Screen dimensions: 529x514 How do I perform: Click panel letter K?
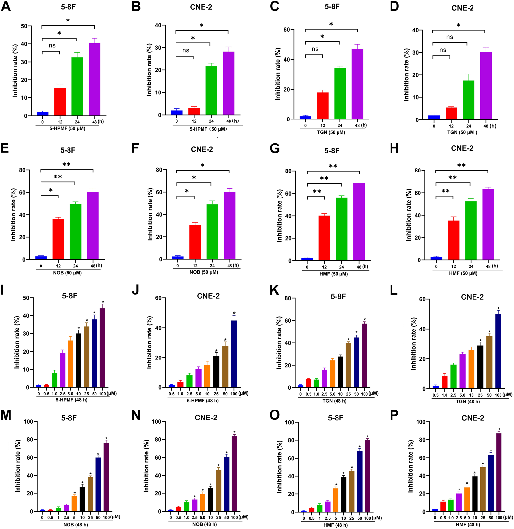click(274, 290)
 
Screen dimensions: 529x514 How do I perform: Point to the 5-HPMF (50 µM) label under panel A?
click(67, 129)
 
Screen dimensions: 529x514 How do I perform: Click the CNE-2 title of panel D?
click(463, 8)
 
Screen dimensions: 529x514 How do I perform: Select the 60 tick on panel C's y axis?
click(286, 30)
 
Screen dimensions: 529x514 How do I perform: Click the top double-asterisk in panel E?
click(67, 165)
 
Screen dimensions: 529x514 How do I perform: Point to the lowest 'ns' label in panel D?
click(443, 50)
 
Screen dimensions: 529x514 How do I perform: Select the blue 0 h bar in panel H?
click(436, 259)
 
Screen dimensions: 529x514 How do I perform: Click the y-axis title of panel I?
click(17, 342)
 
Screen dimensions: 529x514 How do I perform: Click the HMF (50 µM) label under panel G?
click(334, 274)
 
